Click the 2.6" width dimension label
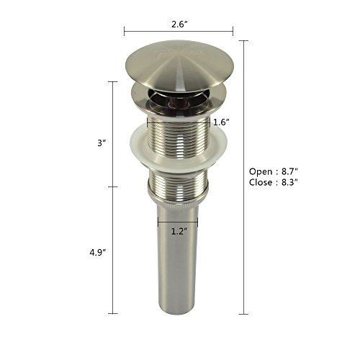(179, 24)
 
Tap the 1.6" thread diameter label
(220, 122)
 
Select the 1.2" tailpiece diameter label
(179, 231)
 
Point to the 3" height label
(102, 143)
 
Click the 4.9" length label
(98, 253)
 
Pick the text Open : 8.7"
(274, 171)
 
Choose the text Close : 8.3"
(274, 182)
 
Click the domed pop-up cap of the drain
(179, 66)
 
